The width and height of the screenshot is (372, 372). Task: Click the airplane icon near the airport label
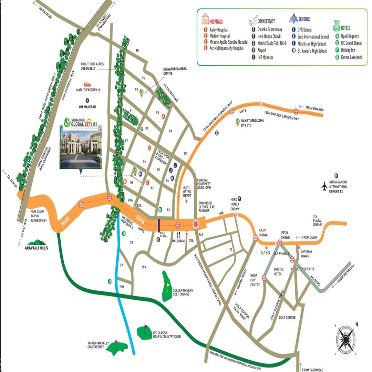[x=324, y=186]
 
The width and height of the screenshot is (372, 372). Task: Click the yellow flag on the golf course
[x=168, y=286]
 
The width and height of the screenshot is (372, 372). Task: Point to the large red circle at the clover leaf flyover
[x=196, y=225]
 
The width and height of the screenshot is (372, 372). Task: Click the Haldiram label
[x=179, y=241]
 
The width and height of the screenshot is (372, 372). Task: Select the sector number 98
[x=137, y=51]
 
